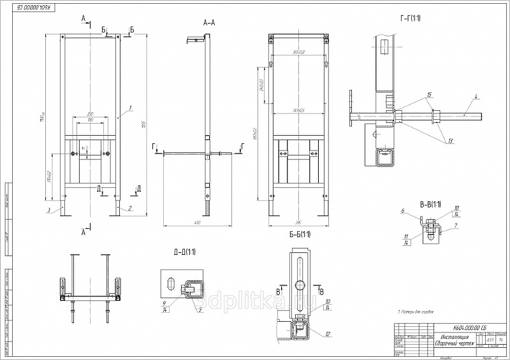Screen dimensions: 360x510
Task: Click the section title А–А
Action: point(208,22)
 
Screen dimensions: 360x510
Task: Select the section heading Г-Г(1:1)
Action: point(409,18)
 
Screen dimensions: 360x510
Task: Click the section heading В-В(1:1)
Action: point(431,205)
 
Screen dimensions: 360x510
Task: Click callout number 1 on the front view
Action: point(130,108)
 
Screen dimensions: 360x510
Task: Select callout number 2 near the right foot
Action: point(130,208)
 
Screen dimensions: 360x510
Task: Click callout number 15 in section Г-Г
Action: point(429,95)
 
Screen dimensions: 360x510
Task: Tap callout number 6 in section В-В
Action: point(403,211)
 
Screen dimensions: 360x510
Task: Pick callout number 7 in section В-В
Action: point(456,225)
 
